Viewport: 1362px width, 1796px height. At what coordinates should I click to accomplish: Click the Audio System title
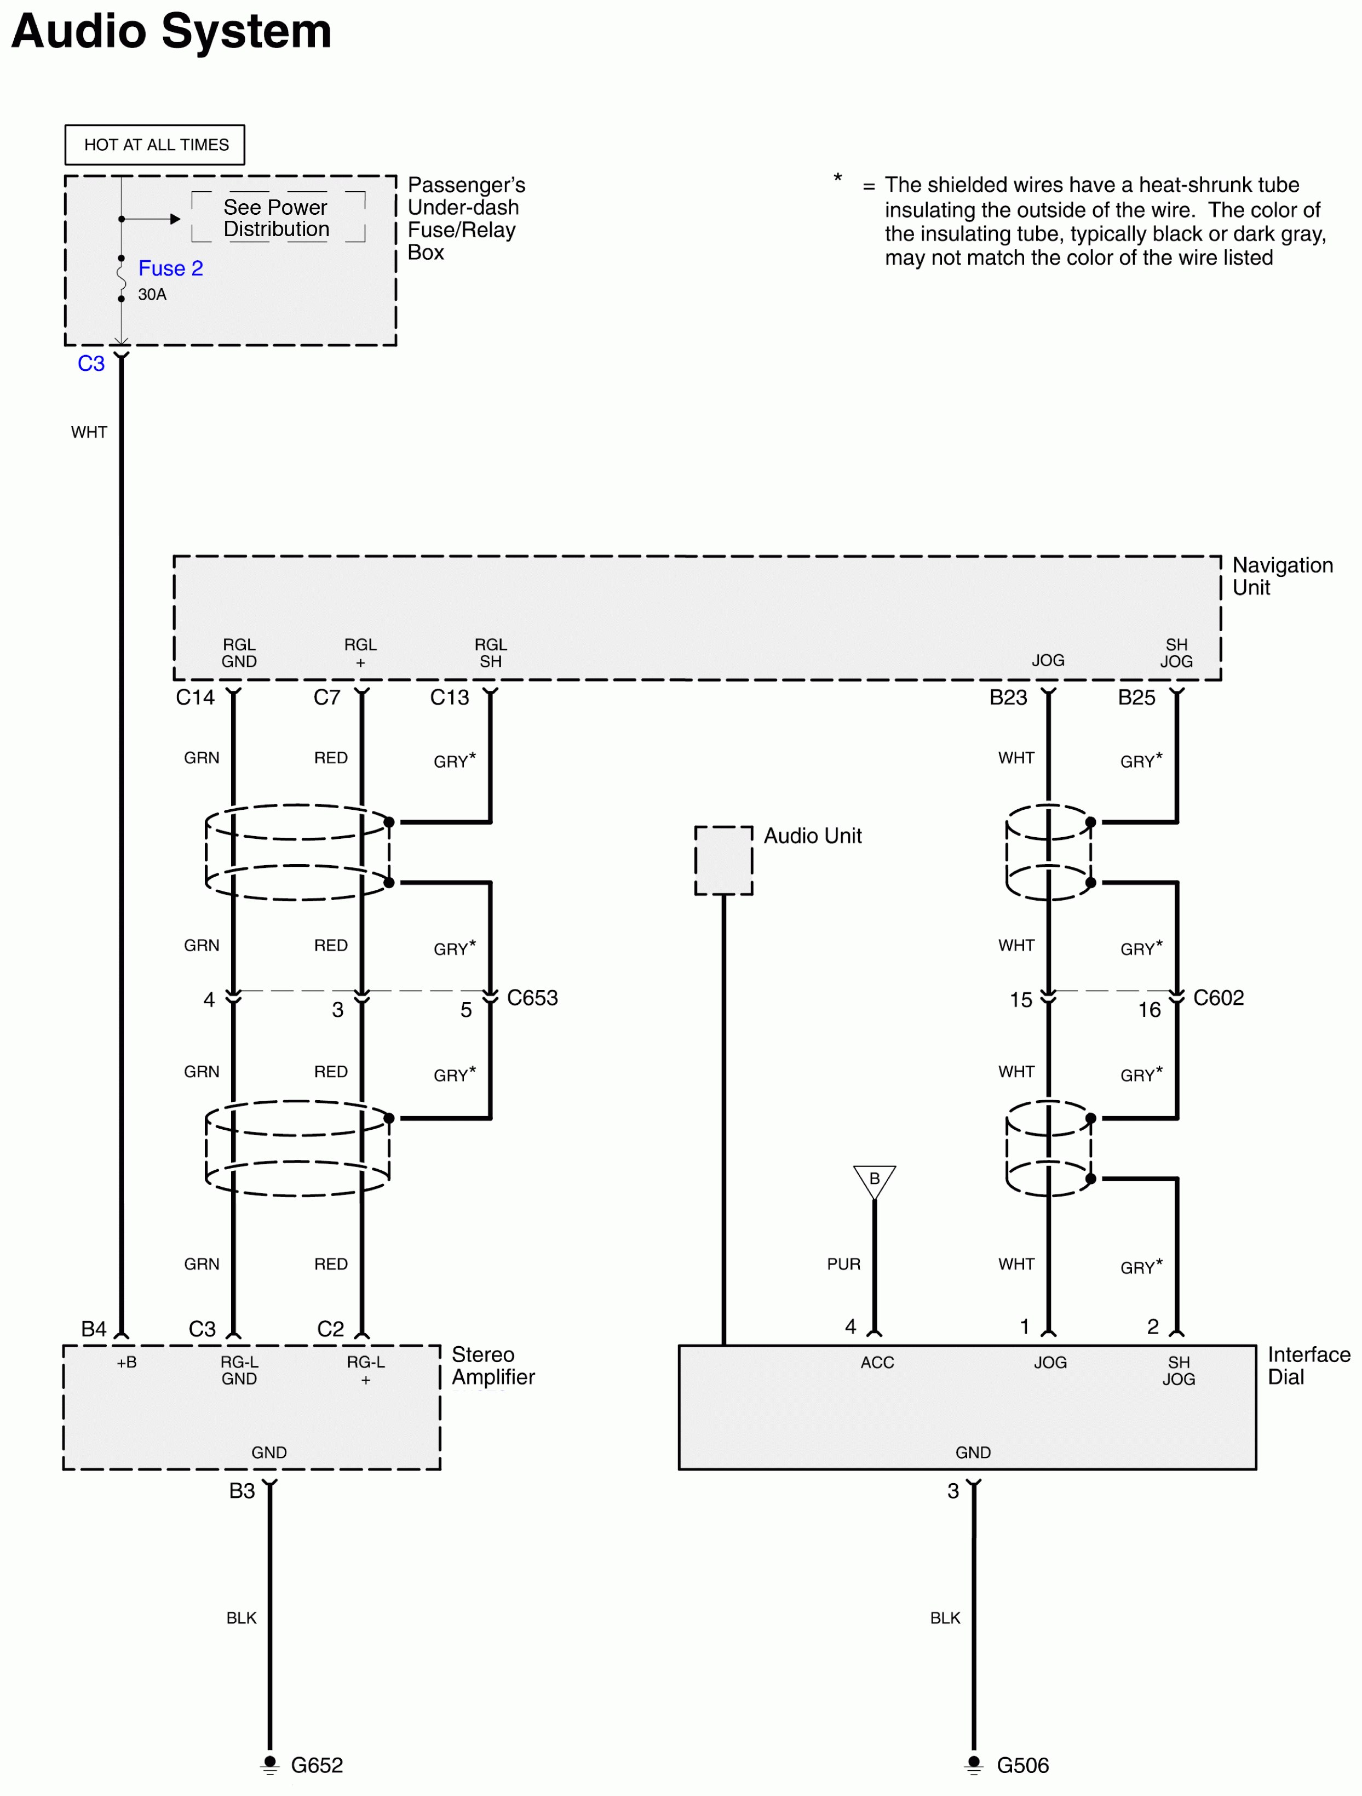(171, 32)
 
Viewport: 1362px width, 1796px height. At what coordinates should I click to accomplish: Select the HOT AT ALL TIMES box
(155, 145)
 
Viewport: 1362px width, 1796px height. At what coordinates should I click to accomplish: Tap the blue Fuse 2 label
(170, 269)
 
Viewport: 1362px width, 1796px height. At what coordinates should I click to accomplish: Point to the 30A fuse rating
(152, 295)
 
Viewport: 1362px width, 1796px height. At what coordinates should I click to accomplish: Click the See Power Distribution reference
(276, 219)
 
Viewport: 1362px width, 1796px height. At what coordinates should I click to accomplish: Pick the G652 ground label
(317, 1765)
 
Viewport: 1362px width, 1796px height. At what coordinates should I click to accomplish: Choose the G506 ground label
(1022, 1765)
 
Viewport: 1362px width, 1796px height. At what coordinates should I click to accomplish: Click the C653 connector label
(532, 998)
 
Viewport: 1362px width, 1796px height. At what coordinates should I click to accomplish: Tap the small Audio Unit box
(723, 861)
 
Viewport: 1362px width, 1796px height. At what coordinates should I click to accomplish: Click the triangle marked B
(874, 1180)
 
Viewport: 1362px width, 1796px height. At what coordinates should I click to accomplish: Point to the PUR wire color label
(843, 1264)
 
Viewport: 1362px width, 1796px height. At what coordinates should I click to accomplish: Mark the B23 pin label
(1008, 697)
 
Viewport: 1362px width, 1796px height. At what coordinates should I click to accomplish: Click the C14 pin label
(195, 697)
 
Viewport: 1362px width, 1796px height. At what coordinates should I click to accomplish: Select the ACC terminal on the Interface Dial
(877, 1363)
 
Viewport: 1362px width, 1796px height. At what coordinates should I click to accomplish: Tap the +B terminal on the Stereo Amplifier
(127, 1363)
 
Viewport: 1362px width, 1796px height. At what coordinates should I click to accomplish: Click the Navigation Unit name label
(1281, 576)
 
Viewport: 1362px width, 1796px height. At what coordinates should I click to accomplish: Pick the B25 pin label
(1136, 697)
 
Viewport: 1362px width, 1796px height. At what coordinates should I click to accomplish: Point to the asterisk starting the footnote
(838, 179)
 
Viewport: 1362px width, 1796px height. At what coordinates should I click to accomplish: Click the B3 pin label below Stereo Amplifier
(242, 1491)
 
